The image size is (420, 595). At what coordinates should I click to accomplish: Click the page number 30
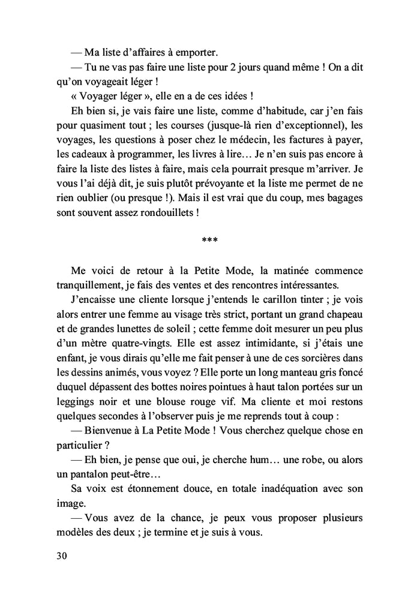coord(61,555)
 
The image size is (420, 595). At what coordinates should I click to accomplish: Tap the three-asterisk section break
coord(210,242)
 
